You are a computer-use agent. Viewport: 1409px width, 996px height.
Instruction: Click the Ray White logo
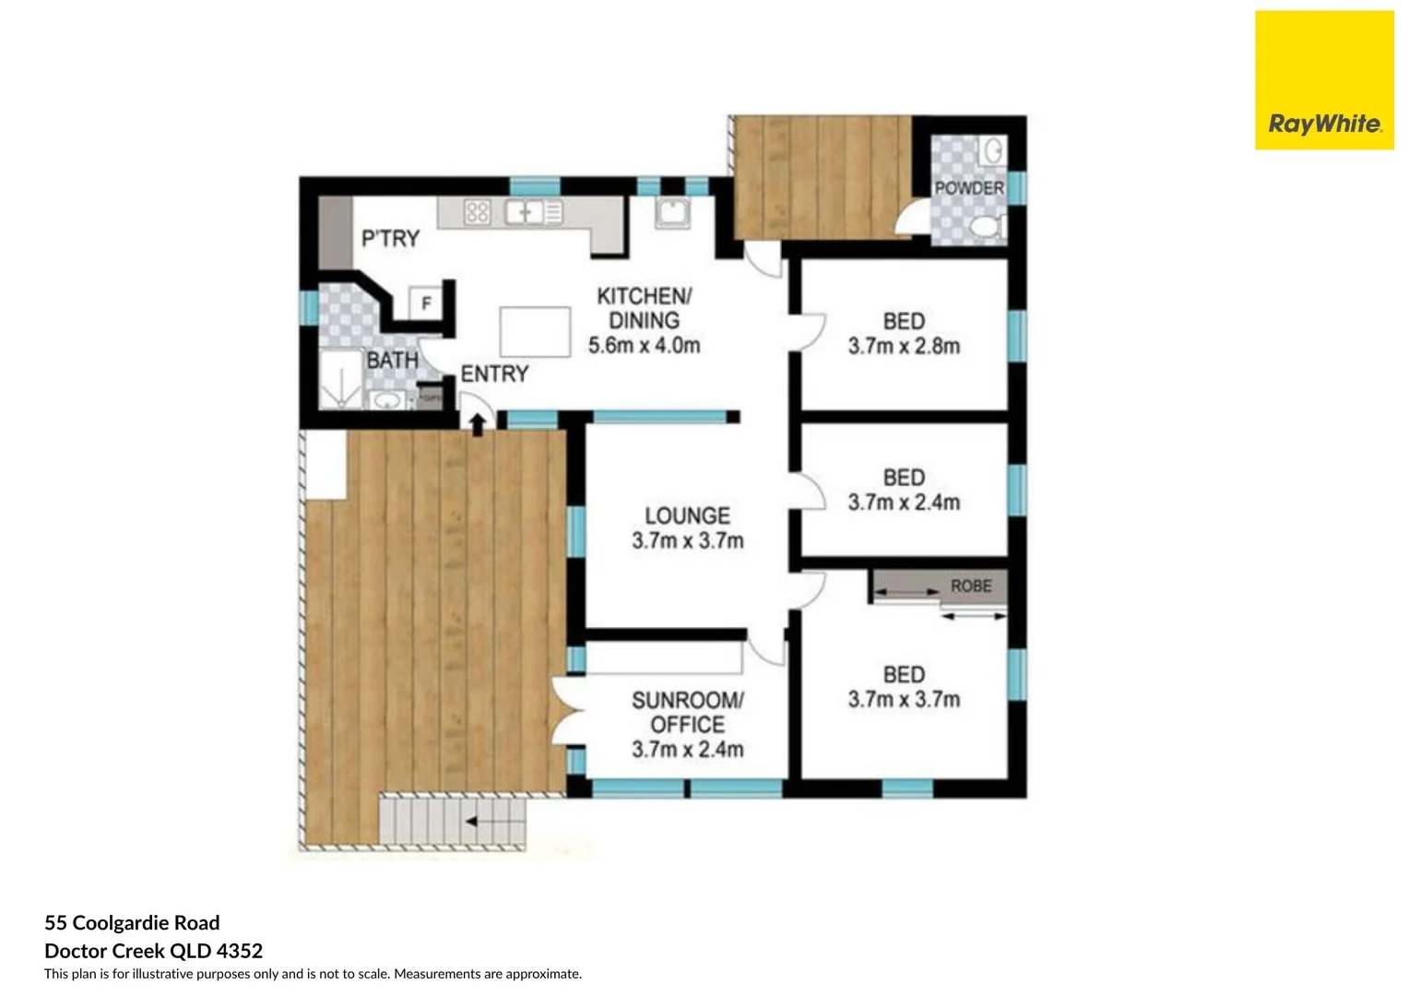[1324, 80]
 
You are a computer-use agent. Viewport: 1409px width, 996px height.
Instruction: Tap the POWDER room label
[968, 188]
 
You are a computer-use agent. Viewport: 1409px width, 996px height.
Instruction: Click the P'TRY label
[390, 239]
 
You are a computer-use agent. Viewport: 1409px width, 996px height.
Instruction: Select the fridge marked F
[426, 302]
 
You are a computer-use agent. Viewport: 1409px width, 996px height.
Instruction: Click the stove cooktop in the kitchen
[477, 213]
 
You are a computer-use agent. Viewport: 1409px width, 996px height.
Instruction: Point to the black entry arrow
[478, 424]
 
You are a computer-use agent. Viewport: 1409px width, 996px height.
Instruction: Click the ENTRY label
[494, 373]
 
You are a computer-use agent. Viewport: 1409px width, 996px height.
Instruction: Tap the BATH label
[392, 360]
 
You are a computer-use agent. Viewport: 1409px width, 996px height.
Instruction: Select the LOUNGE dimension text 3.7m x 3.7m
[687, 541]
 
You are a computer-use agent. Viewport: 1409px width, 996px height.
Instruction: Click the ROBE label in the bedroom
[970, 587]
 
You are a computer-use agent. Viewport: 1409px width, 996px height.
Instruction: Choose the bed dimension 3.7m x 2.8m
[904, 347]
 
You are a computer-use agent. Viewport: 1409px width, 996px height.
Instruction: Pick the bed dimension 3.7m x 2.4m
[904, 503]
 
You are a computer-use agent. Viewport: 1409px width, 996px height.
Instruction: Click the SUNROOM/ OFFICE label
[687, 712]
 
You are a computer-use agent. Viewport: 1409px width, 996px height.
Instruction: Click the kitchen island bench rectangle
[535, 331]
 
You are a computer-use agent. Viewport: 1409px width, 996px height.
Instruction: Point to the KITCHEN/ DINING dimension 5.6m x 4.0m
[644, 346]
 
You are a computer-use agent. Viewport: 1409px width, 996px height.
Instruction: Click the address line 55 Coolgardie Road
[132, 923]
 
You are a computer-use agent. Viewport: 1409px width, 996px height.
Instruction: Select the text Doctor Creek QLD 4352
[153, 951]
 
